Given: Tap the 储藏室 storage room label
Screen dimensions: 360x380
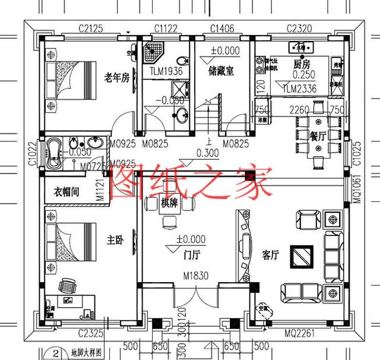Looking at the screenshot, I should [221, 72].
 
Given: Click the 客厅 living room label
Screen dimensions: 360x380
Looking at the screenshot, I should [271, 255].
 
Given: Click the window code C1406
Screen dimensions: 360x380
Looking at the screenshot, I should [221, 28].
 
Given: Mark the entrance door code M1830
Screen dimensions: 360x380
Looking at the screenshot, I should [195, 276].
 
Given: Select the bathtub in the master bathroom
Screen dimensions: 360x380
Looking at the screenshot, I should [58, 147].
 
